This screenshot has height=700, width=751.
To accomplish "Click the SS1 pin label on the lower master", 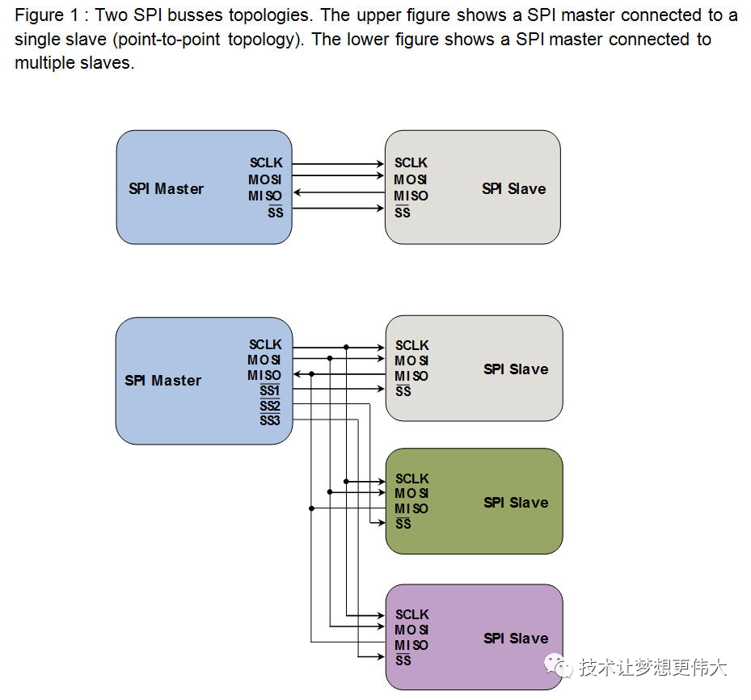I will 270,390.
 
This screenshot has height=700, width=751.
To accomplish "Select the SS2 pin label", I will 270,406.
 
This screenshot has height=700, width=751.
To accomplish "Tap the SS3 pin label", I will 270,420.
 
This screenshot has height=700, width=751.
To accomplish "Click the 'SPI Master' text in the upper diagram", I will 166,188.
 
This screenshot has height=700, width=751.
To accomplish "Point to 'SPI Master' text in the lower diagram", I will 162,380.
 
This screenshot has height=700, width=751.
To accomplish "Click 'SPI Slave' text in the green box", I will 516,502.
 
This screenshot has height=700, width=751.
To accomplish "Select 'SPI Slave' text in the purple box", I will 516,638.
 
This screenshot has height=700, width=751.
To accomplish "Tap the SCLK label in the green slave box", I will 411,479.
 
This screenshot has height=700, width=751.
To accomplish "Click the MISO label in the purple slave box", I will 411,645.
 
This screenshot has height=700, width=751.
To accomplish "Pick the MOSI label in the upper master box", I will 265,179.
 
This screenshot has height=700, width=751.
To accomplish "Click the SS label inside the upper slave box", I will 403,213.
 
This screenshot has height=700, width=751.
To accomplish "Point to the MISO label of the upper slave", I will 411,196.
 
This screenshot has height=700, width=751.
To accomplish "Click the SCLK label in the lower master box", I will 265,345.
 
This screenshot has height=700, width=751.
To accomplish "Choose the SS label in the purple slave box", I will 403,660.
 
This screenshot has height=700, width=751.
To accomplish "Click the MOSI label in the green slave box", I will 411,493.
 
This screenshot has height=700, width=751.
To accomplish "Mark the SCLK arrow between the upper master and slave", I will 338,163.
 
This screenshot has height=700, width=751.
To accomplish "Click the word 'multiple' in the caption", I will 43,63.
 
